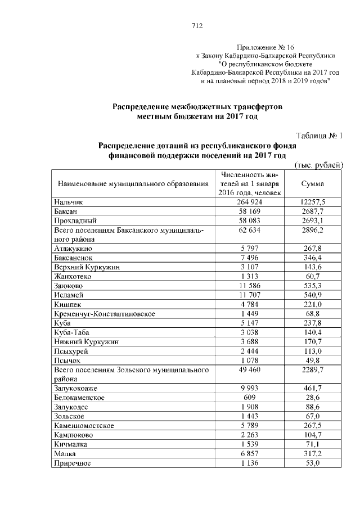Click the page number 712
[197, 25]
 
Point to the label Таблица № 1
[319, 136]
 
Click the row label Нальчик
[69, 201]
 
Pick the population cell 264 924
[250, 201]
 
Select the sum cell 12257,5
[313, 201]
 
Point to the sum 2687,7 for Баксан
[313, 211]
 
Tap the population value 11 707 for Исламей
[250, 295]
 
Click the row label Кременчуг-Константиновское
[105, 313]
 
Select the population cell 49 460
[250, 370]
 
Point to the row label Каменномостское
[84, 426]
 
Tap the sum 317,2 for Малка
[313, 453]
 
